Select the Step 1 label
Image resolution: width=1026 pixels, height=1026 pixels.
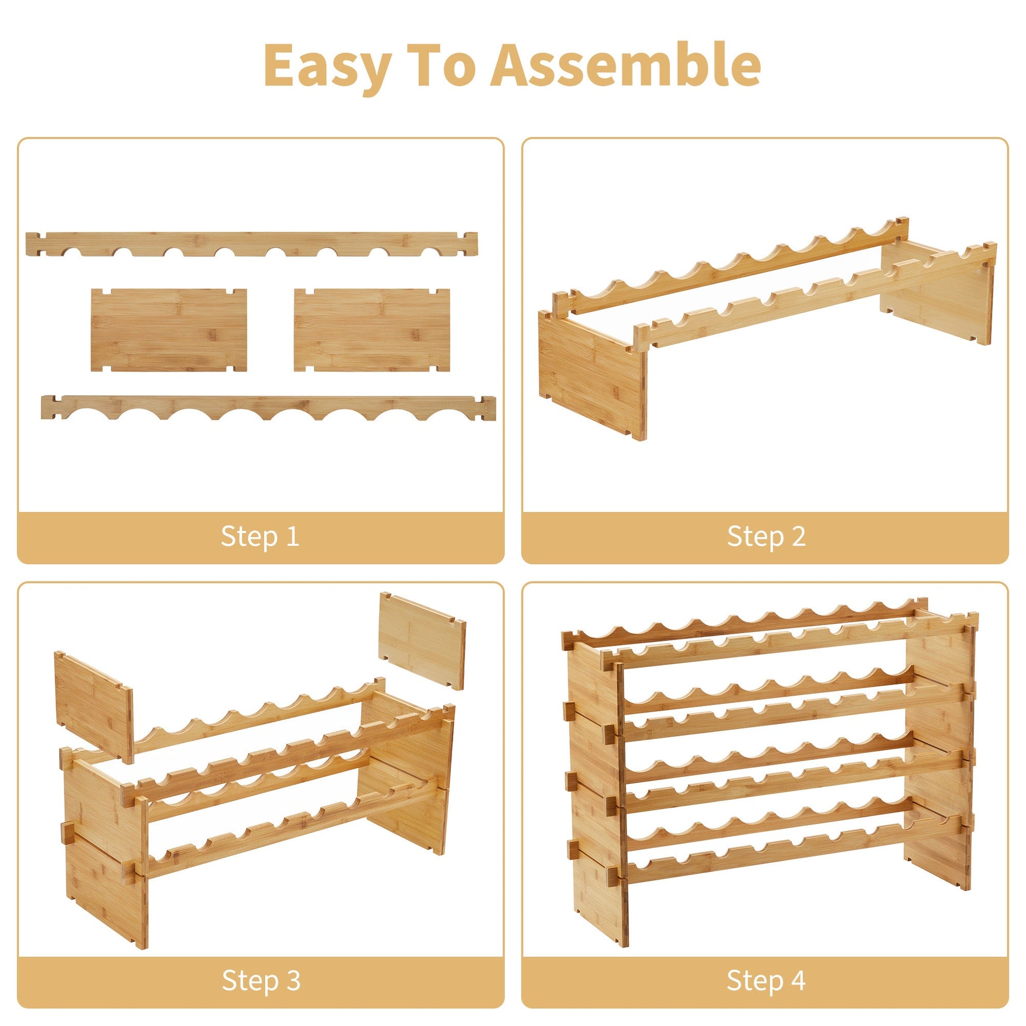260,536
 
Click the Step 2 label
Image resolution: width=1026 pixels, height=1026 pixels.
766,536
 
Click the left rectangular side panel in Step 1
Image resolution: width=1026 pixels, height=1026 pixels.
169,330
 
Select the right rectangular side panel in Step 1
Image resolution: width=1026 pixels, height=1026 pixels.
372,330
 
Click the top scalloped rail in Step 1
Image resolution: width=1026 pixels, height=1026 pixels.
251,244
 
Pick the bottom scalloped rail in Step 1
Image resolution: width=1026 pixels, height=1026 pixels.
268,408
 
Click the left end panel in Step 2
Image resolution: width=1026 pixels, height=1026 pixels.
593,375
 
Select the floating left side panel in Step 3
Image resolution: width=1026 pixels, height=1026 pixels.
94,707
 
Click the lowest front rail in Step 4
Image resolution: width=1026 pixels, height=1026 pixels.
791,855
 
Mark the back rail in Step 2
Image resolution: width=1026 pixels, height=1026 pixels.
730,265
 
